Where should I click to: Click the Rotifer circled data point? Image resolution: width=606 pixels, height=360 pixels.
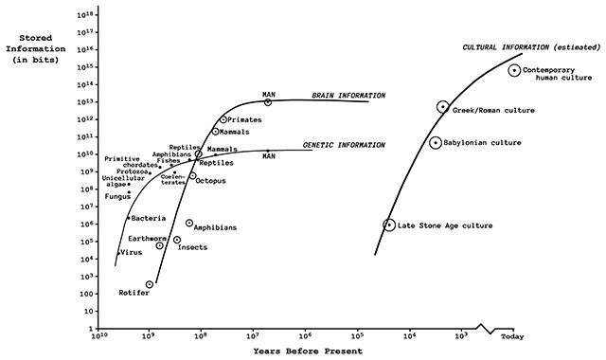point(150,284)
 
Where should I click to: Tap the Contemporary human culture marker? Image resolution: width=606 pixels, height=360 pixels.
point(514,70)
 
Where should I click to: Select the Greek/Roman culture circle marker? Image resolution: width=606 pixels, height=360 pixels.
point(442,107)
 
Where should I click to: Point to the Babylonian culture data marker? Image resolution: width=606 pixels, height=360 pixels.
point(436,143)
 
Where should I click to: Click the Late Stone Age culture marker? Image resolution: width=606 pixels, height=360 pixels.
point(388,225)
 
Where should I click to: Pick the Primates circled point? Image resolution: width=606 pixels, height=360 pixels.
point(223,119)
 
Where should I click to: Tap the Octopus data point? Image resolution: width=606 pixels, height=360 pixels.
point(192,176)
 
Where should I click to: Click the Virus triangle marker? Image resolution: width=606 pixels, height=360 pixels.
point(118,253)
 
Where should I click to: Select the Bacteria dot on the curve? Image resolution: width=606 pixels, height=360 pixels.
point(128,218)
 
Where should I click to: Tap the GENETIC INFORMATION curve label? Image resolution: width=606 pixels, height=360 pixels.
point(343,145)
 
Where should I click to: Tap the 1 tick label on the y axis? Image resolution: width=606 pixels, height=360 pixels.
point(87,329)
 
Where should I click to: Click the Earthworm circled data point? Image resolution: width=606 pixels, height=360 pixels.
point(160,245)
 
